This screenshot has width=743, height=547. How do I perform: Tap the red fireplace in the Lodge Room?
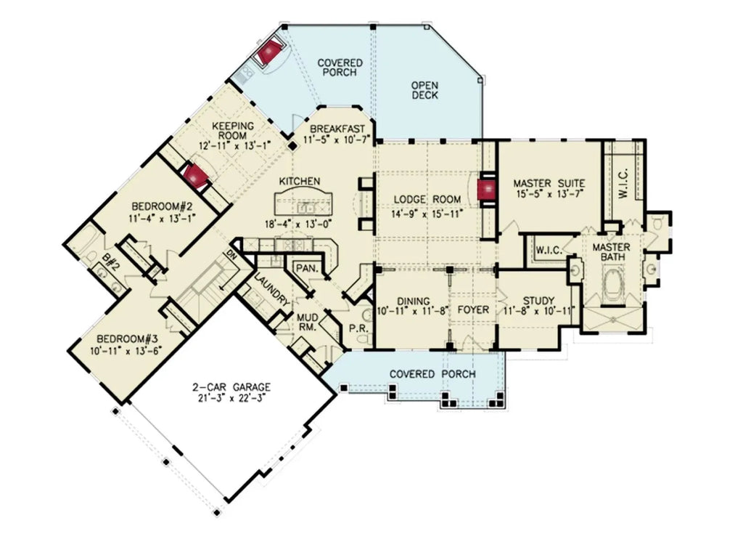tap(486, 190)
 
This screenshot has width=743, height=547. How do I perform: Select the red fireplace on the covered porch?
tap(271, 52)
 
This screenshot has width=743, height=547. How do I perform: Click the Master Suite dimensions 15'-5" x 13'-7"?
tap(549, 194)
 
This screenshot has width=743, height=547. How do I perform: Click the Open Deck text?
tap(424, 90)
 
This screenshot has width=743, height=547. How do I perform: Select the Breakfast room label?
tap(336, 129)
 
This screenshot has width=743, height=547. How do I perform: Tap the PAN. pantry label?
tap(304, 268)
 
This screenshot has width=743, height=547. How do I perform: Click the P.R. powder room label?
tap(358, 328)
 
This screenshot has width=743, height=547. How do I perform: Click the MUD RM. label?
tap(305, 321)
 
